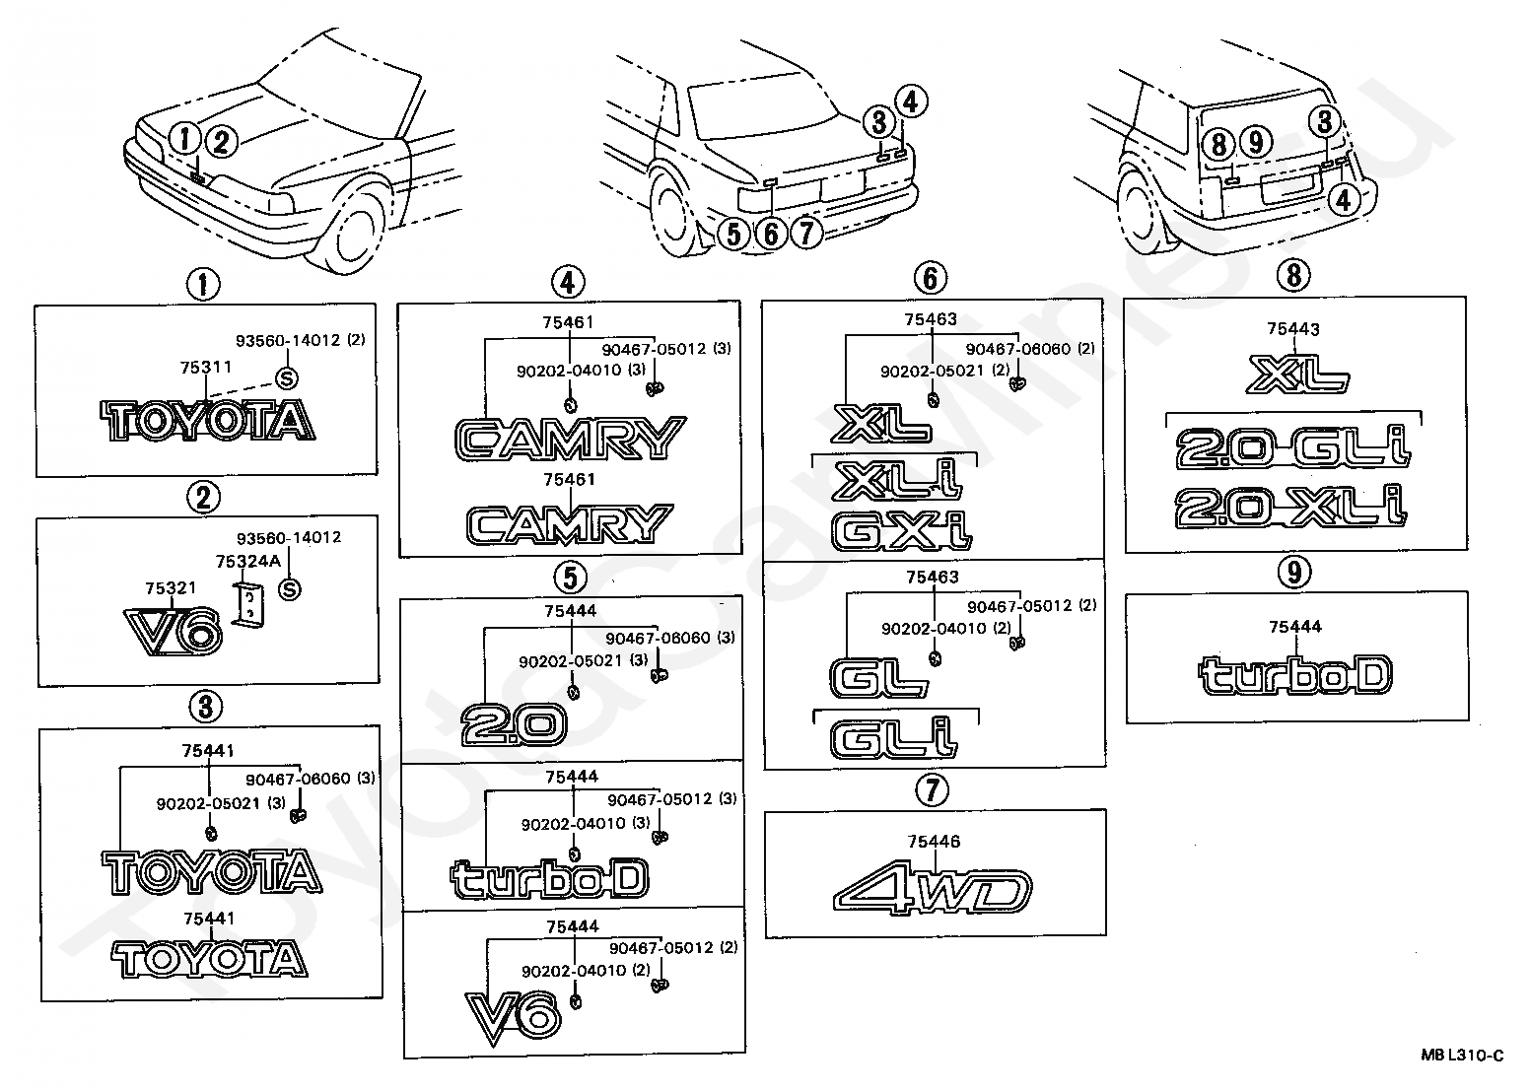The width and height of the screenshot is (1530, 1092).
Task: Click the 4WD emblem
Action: pos(933,891)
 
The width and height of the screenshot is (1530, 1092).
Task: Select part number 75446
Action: pos(934,842)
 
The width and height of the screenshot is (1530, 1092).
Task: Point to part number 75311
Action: pos(206,368)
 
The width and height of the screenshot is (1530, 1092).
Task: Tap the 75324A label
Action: pos(248,562)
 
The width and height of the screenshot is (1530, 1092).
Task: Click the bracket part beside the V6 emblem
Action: pos(248,604)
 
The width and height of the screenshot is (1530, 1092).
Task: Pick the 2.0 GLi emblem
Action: pos(1293,448)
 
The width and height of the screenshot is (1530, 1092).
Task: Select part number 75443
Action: pos(1293,329)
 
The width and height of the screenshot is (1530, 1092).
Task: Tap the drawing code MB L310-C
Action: pos(1462,1056)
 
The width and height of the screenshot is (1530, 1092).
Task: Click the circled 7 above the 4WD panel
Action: pos(933,790)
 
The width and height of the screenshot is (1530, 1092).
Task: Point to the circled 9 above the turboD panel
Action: pos(1294,572)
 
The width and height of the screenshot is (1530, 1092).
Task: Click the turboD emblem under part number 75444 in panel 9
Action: pos(1295,675)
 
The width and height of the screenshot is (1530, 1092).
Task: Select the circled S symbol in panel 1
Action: pos(287,378)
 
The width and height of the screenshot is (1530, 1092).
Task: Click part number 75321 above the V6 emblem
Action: pos(171,588)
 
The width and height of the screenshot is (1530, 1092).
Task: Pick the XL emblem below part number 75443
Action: pos(1297,375)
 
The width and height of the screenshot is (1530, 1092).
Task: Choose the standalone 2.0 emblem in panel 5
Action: pos(514,725)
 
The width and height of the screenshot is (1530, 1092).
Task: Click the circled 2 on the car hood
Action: pos(221,142)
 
